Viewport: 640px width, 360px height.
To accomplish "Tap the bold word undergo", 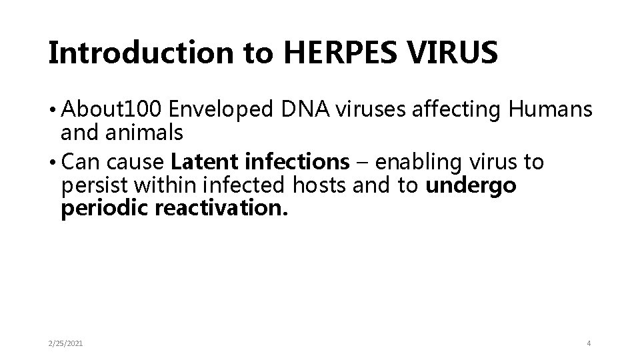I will (471, 186).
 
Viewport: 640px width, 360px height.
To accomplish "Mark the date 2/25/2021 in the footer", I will (67, 343).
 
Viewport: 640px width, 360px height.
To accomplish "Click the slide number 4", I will (589, 343).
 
